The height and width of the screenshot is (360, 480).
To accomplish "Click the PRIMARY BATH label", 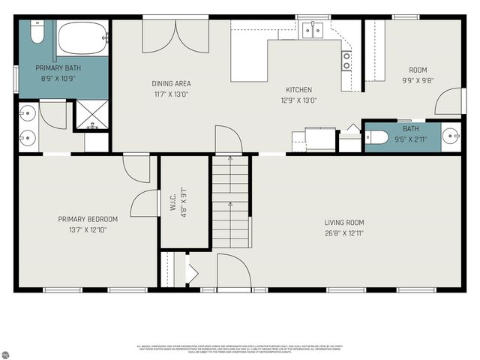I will [58, 68].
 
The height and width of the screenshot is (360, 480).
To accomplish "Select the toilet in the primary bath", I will [37, 33].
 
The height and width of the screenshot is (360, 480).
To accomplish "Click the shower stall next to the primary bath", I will [91, 117].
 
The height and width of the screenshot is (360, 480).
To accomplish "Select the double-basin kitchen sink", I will [313, 30].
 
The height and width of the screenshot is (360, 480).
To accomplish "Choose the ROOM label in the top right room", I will [418, 70].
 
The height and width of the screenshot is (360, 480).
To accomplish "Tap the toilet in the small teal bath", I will [376, 136].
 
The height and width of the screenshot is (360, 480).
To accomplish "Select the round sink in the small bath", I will [449, 136].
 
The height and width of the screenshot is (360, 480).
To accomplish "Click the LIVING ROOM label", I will [344, 223].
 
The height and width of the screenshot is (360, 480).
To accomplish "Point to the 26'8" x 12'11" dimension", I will [344, 232].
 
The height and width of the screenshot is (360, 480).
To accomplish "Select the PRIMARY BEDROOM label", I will [88, 219].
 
